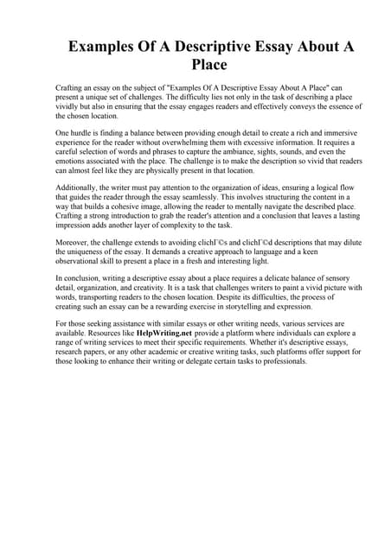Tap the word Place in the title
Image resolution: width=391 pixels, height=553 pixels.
click(195, 65)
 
